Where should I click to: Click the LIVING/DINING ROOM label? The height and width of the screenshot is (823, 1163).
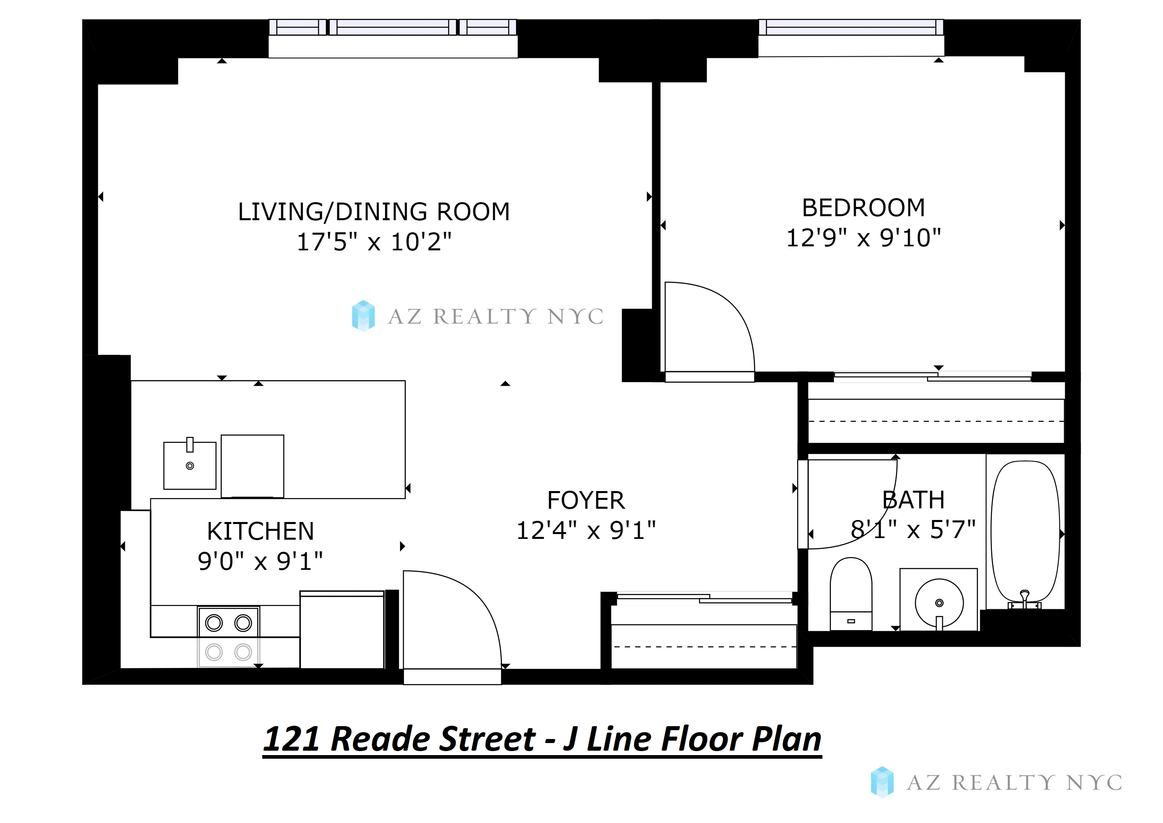coord(374,212)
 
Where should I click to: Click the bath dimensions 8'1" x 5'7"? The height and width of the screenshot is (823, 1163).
coord(913,530)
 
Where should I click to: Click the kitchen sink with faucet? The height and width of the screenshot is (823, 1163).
coord(190,466)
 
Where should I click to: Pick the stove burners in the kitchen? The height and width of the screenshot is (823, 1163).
coord(229,637)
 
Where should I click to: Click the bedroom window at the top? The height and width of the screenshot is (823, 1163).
coord(851,27)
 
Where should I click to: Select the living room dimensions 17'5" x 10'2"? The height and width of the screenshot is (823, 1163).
coord(374,242)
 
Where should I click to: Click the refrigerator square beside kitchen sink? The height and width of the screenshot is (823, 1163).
coord(252,466)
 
